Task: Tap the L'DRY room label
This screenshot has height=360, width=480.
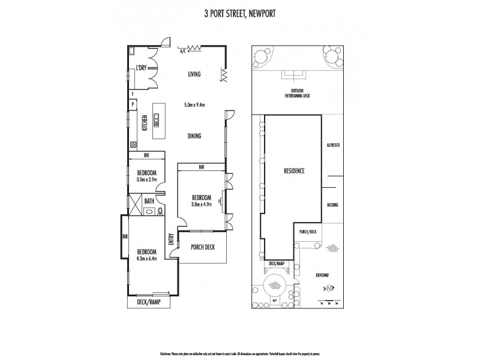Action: pos(141,68)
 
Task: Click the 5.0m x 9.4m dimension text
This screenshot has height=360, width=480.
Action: pos(194,104)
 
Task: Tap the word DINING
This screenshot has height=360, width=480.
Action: pos(194,136)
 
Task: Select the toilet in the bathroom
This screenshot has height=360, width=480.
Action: pos(160,211)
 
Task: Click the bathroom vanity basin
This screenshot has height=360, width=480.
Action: pos(150,211)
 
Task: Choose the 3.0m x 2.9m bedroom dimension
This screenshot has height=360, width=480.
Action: pos(143,179)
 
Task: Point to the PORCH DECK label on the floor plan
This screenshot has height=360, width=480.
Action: pos(202,247)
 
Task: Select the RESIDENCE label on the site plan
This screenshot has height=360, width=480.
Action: pos(294,171)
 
